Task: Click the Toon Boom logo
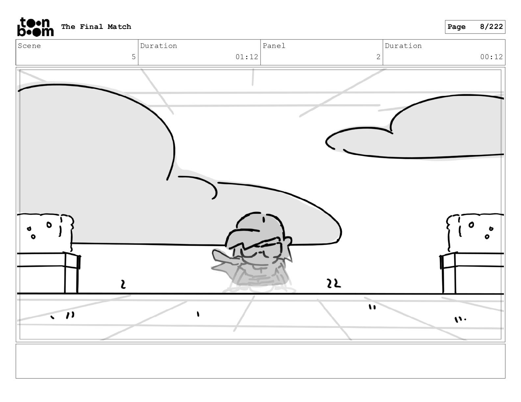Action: tap(35, 27)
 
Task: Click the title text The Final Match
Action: tap(96, 27)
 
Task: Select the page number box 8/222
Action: tap(475, 27)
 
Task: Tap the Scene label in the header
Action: tap(29, 46)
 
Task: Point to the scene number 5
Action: tap(134, 57)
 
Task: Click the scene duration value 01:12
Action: tap(247, 57)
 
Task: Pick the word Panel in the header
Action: tap(274, 46)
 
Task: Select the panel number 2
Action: tap(378, 57)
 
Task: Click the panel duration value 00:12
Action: tap(491, 57)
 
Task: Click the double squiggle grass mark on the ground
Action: tap(334, 283)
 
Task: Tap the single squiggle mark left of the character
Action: tap(123, 284)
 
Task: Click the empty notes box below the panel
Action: tap(260, 361)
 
